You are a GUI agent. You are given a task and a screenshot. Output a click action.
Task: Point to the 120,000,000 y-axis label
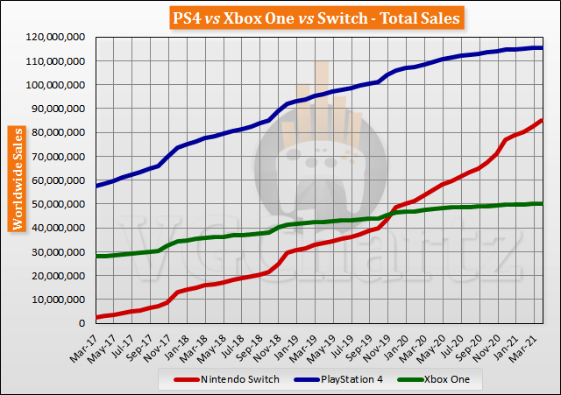(x=56, y=38)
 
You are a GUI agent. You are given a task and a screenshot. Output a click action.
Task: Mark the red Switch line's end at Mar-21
(x=542, y=120)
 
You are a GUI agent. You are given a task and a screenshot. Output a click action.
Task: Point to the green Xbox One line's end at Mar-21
(x=542, y=203)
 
